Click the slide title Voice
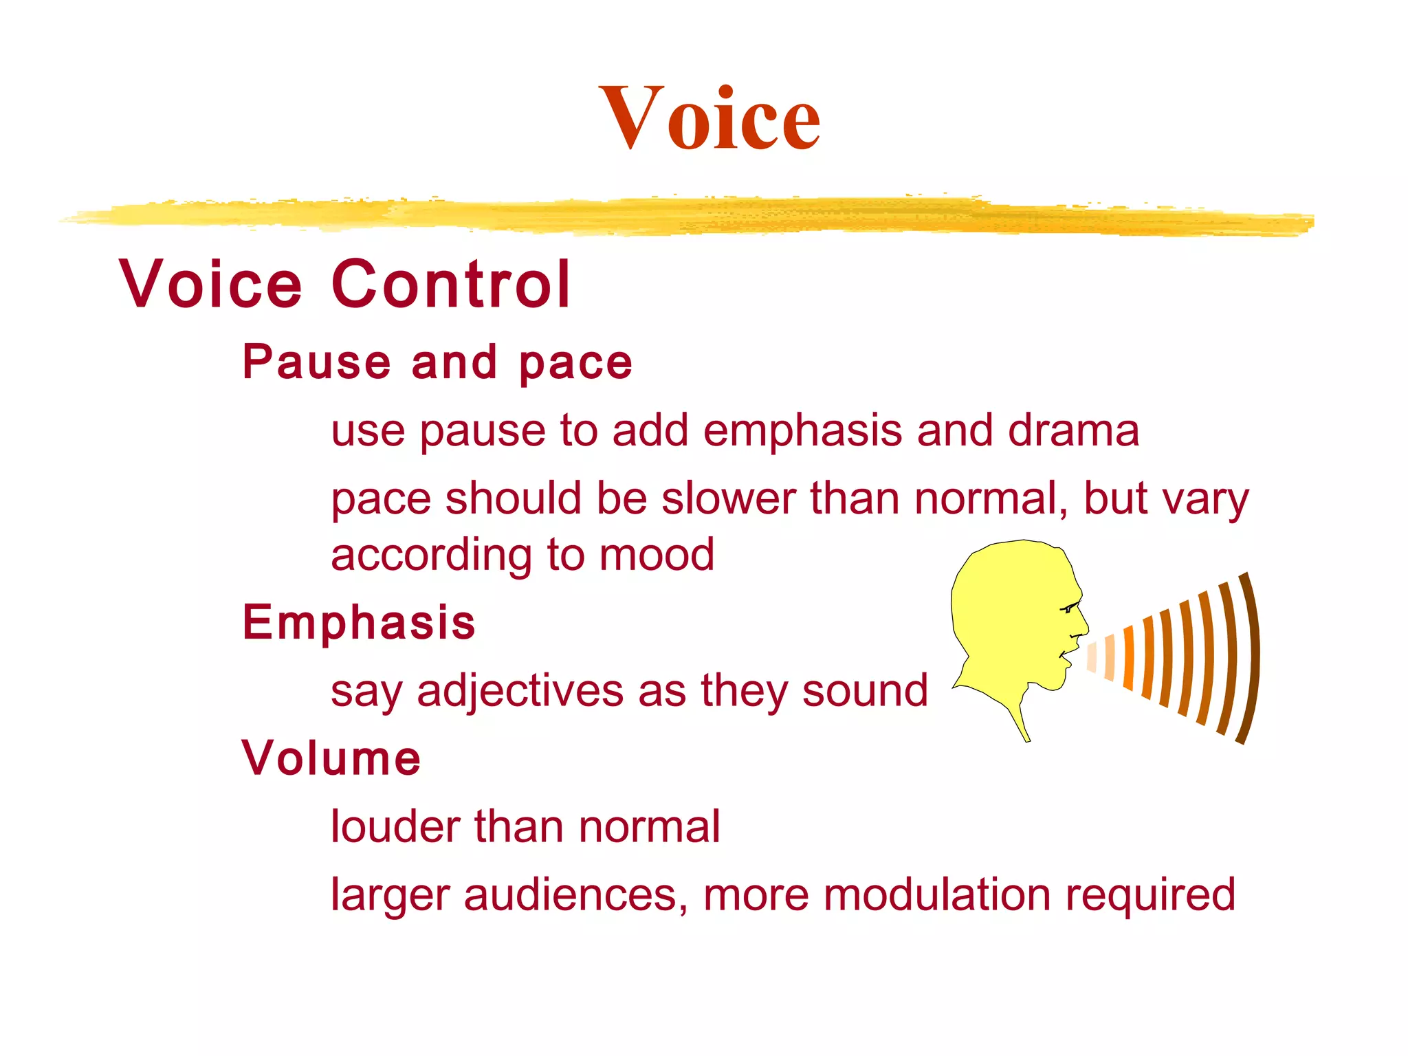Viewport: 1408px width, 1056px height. coord(709,118)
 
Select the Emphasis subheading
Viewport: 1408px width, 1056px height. coord(359,622)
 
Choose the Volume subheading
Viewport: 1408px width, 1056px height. coord(331,758)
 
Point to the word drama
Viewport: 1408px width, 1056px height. coord(1073,431)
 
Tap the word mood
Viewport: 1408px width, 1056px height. coord(657,555)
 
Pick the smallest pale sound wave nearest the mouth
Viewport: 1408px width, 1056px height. coord(1092,657)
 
